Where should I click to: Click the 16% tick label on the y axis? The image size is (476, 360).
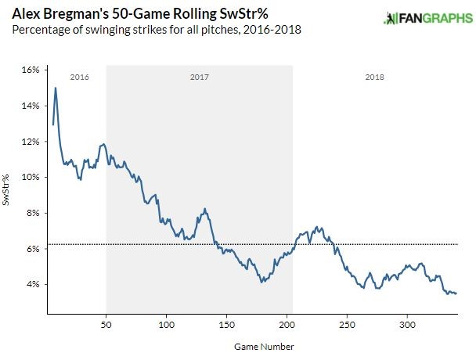(31, 70)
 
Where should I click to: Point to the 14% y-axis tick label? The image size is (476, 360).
(31, 106)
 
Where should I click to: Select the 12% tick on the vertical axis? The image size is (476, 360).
(31, 142)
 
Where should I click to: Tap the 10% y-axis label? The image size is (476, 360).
(31, 178)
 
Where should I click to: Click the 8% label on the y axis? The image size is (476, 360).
(33, 213)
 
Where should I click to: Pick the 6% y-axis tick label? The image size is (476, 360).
(33, 249)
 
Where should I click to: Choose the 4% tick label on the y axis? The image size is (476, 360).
(33, 284)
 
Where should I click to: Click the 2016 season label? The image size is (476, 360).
(78, 77)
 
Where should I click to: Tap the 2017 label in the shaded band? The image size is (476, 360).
(200, 77)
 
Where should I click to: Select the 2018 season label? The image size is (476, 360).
(375, 77)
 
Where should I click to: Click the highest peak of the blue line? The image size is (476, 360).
(55, 88)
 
